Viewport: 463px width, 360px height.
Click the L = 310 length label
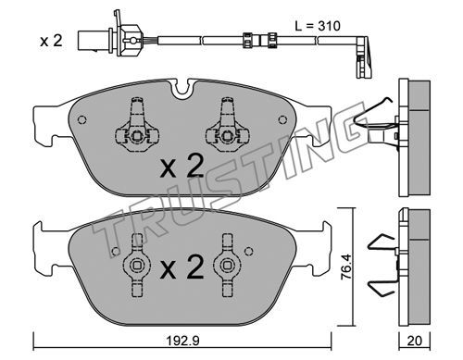(318, 26)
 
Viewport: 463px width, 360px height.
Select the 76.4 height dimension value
(346, 267)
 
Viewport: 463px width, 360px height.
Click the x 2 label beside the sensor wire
(51, 41)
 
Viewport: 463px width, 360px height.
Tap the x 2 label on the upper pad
(181, 167)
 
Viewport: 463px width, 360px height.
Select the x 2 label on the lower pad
(181, 267)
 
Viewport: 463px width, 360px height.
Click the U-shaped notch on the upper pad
(182, 88)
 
